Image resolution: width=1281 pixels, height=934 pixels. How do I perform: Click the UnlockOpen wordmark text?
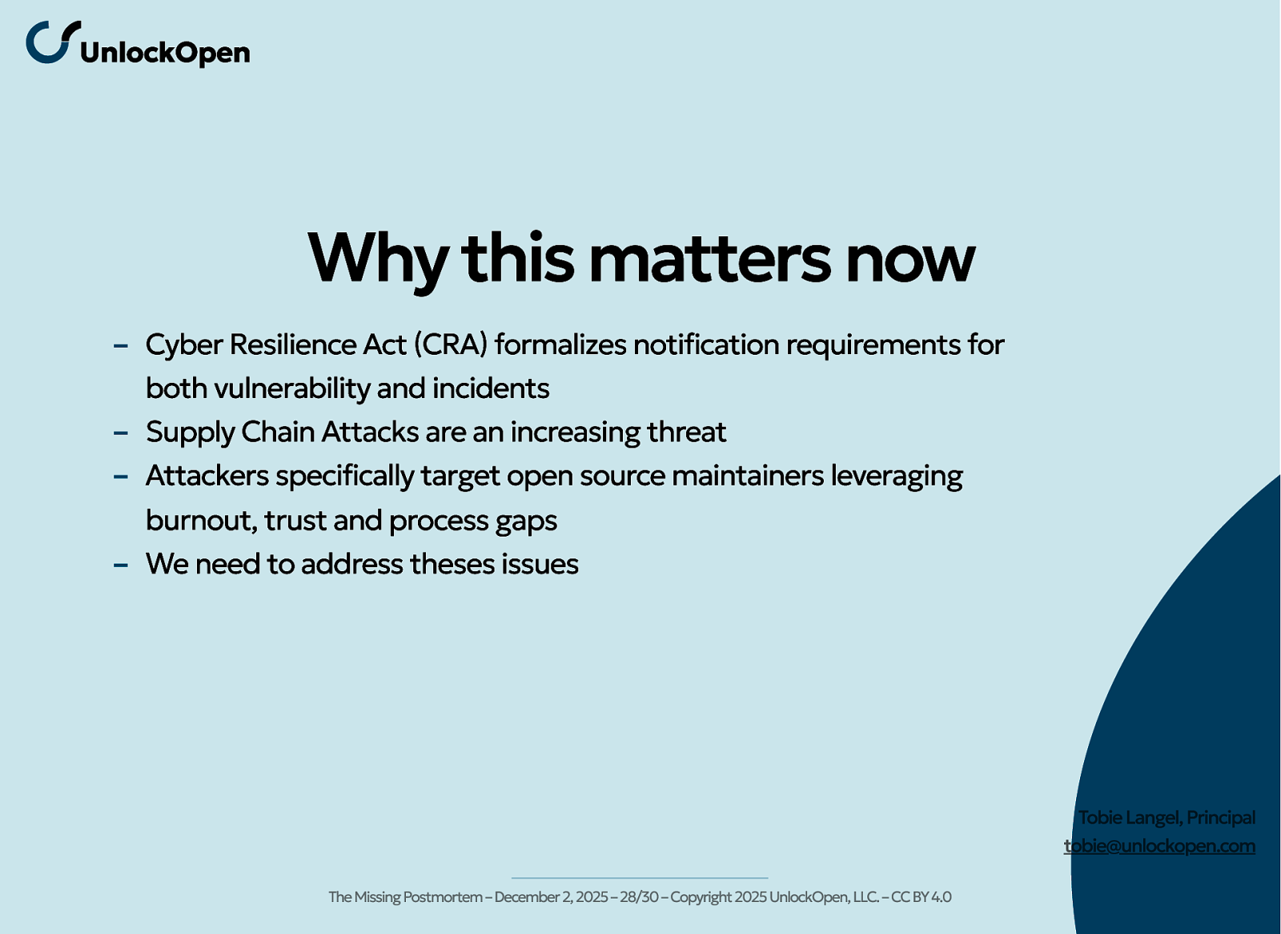point(165,53)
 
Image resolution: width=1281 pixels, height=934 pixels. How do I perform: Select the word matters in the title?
point(709,259)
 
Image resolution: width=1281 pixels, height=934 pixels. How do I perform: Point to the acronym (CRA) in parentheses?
point(451,344)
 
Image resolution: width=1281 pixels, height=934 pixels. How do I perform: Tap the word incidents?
point(491,388)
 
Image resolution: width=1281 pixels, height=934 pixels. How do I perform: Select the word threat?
point(687,432)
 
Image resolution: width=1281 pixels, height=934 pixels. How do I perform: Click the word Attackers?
point(207,476)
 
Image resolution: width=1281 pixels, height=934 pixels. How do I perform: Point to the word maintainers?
point(748,476)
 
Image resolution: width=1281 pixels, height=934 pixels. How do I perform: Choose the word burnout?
point(201,521)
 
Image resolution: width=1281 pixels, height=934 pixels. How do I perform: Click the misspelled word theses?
point(452,564)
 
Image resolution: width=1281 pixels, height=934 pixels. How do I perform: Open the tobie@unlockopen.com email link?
point(1159,847)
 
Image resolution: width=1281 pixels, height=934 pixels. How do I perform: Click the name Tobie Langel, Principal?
point(1167,818)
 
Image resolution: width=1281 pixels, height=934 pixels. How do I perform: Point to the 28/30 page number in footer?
point(639,897)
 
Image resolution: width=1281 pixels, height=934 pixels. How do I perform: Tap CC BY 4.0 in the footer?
point(922,897)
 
